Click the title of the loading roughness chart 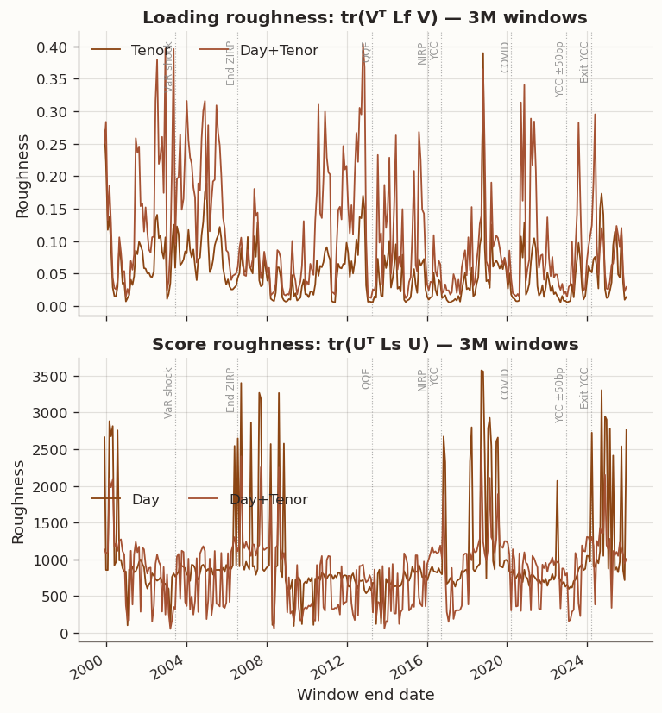pyautogui.click(x=364, y=18)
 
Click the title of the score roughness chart pyautogui.click(x=364, y=345)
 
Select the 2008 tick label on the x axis pyautogui.click(x=259, y=667)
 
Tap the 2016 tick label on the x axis pyautogui.click(x=420, y=667)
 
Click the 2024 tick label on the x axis pyautogui.click(x=581, y=667)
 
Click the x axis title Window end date pyautogui.click(x=365, y=695)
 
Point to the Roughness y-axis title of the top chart pyautogui.click(x=23, y=176)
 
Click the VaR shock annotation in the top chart pyautogui.click(x=169, y=66)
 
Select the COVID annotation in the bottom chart pyautogui.click(x=506, y=384)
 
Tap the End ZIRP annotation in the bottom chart pyautogui.click(x=231, y=390)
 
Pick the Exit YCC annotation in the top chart pyautogui.click(x=584, y=62)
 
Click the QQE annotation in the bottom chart pyautogui.click(x=366, y=378)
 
